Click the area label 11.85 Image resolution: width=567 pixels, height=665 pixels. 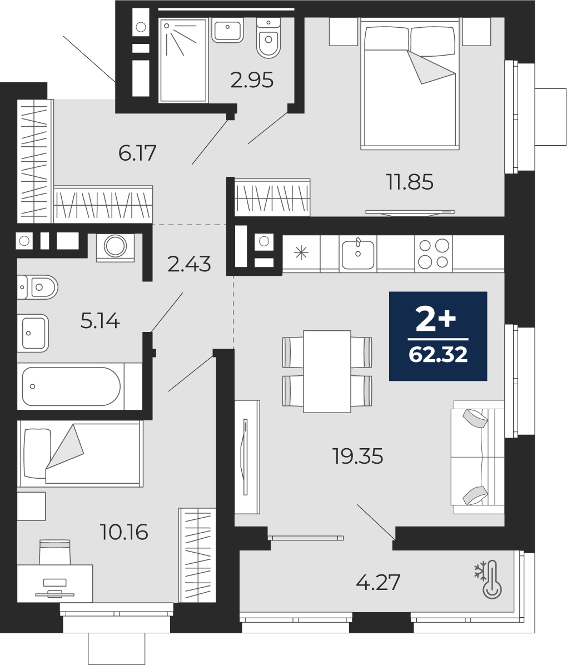click(x=410, y=182)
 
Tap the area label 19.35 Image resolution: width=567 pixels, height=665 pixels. click(x=358, y=456)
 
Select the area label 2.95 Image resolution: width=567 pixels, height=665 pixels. click(x=252, y=80)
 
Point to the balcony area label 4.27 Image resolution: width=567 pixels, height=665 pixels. click(x=379, y=582)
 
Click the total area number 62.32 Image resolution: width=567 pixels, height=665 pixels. click(x=438, y=354)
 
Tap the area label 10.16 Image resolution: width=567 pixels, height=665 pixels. click(x=124, y=532)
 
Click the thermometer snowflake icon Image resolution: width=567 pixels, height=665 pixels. click(x=488, y=579)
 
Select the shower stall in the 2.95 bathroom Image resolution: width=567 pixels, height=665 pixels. click(x=183, y=60)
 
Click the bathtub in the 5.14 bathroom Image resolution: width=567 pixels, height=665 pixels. click(x=71, y=386)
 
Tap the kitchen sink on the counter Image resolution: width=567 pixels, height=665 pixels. click(x=358, y=253)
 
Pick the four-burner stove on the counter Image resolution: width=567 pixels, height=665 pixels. click(x=434, y=253)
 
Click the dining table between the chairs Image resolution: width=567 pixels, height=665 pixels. click(x=327, y=371)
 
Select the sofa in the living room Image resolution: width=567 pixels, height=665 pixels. click(x=478, y=456)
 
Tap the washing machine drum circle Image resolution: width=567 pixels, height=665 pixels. click(x=116, y=245)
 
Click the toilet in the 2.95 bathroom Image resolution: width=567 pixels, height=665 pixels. click(x=268, y=38)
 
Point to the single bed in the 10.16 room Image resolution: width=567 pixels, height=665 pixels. click(x=79, y=453)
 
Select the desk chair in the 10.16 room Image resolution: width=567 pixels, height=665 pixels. click(x=54, y=552)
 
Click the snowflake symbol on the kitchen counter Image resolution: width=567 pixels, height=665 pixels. click(x=301, y=253)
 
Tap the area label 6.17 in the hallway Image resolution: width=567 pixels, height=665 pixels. click(x=137, y=153)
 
